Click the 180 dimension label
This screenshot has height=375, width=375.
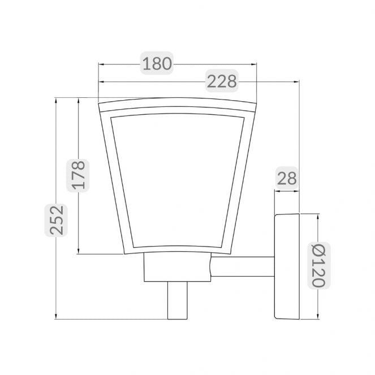[x=157, y=63]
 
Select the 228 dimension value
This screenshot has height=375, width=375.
[x=222, y=81]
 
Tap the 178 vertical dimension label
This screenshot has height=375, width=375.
[x=79, y=175]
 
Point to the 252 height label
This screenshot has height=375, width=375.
[x=57, y=220]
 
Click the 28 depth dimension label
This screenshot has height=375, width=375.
[x=287, y=178]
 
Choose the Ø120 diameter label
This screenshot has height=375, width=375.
[x=319, y=265]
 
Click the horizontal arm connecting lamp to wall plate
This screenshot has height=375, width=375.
[x=243, y=266]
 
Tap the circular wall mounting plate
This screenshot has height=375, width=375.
[x=287, y=266]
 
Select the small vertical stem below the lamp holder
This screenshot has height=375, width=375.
[x=178, y=300]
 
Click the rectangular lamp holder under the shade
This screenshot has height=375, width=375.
[x=178, y=267]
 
